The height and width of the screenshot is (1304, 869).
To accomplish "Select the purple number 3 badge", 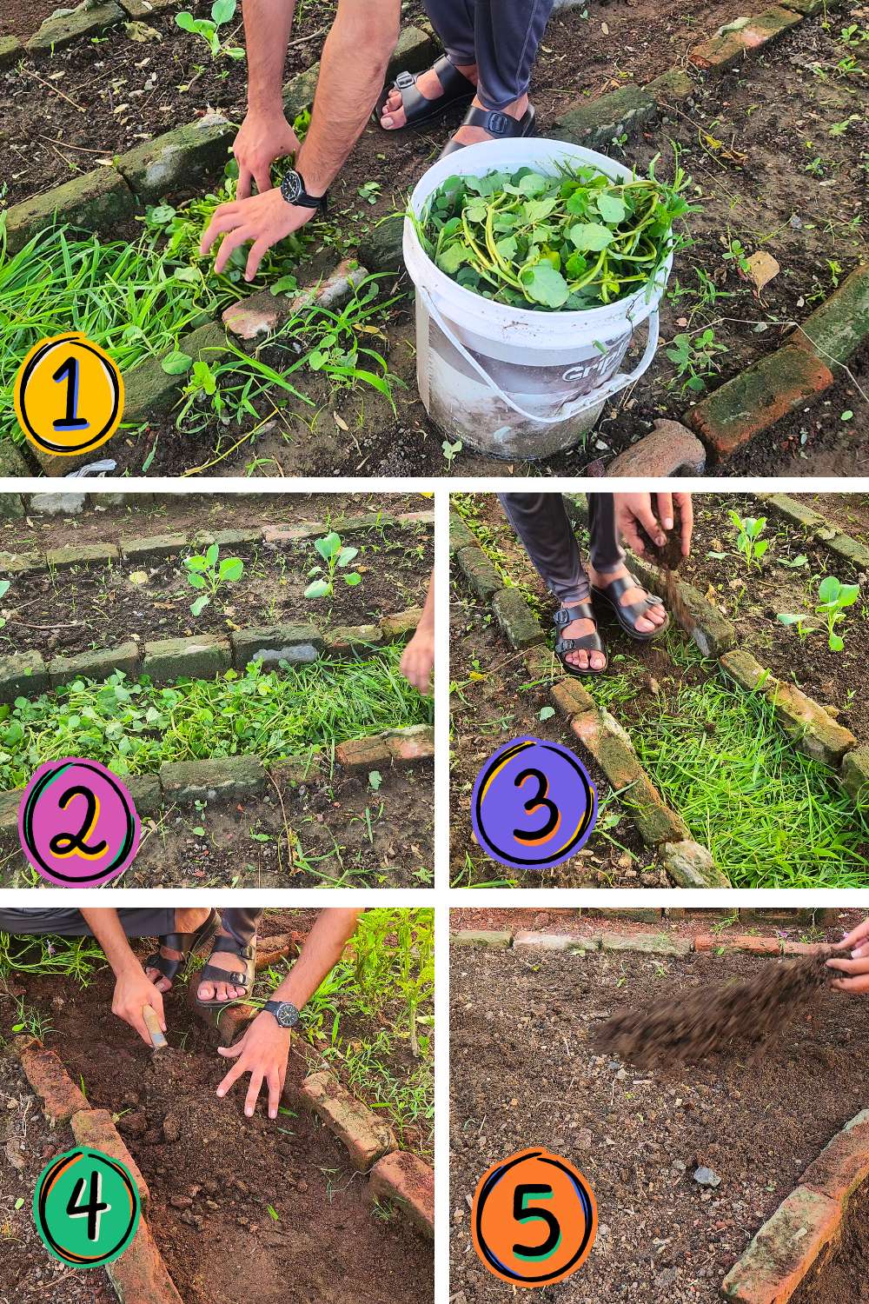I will pos(533,804).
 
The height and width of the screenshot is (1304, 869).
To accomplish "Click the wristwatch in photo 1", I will pos(295,187).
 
